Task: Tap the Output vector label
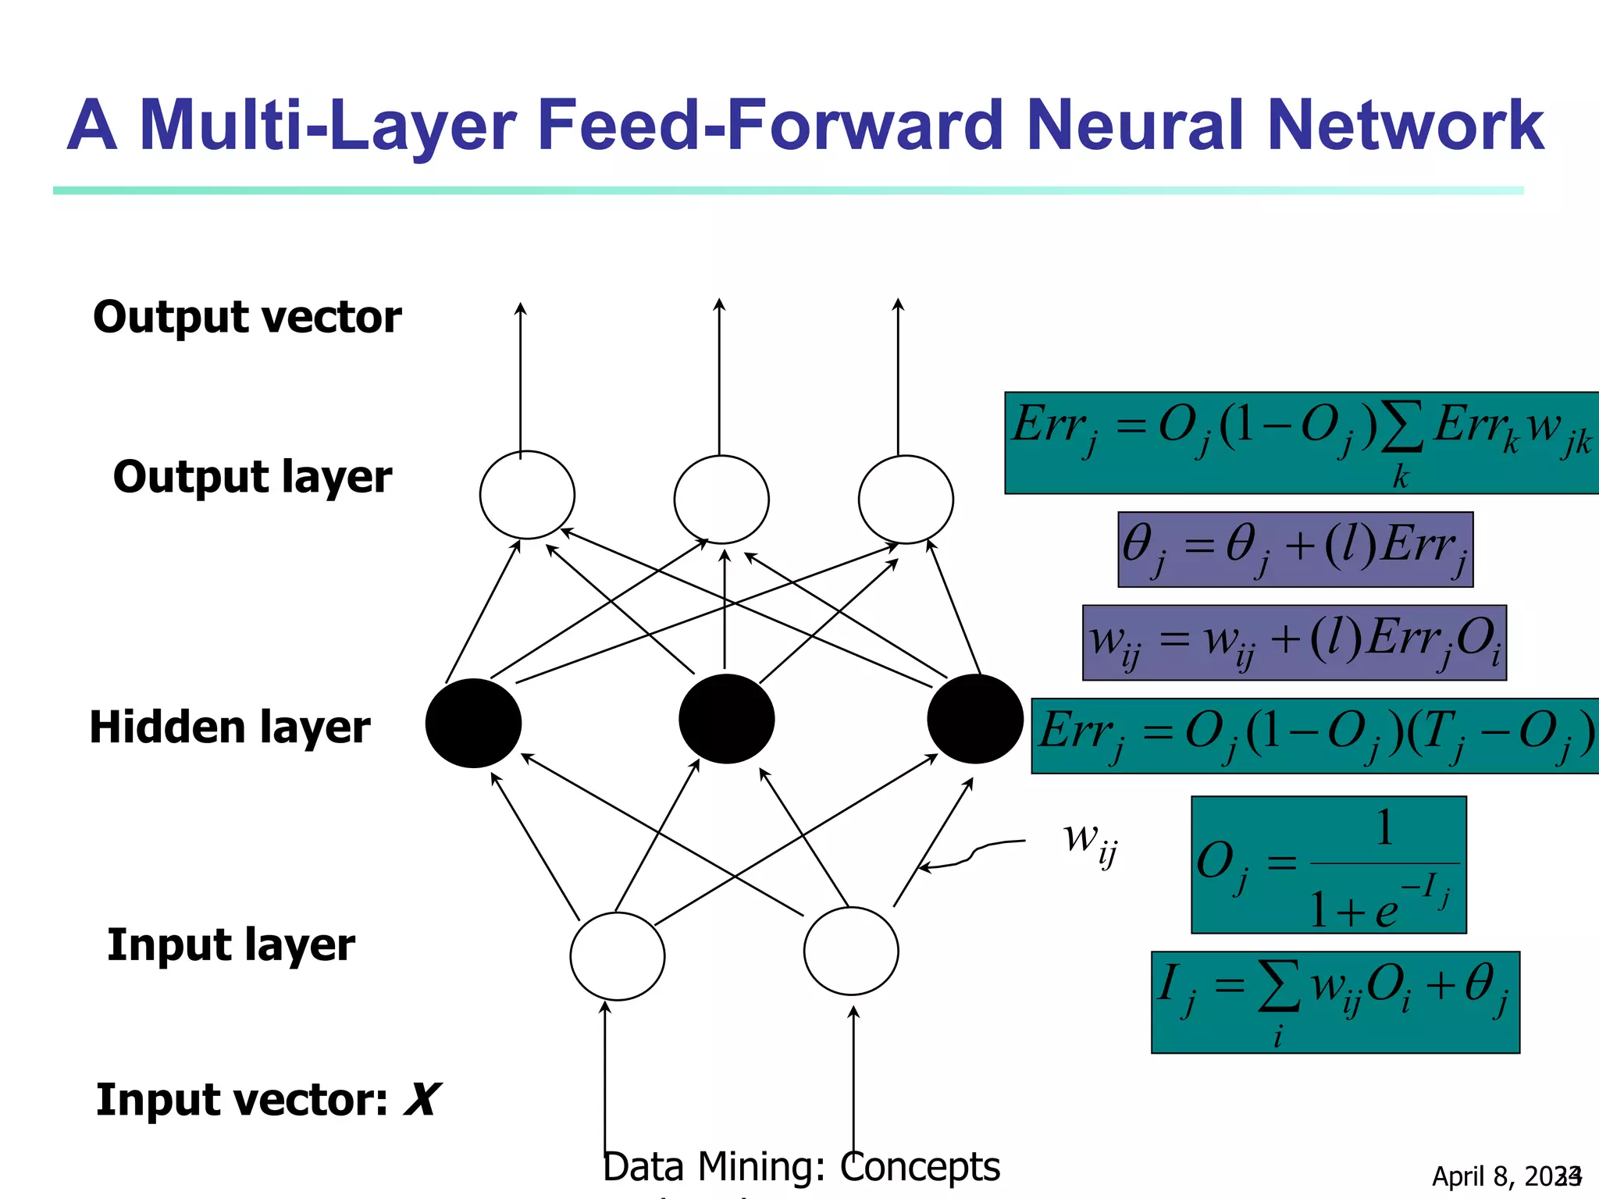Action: pyautogui.click(x=247, y=317)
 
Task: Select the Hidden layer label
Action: pyautogui.click(x=230, y=728)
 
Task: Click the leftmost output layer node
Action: pyautogui.click(x=527, y=495)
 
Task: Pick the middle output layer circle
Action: pyautogui.click(x=721, y=500)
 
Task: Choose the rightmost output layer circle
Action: pyautogui.click(x=906, y=500)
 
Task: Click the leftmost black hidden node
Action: pyautogui.click(x=473, y=723)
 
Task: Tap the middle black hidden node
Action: pyautogui.click(x=727, y=719)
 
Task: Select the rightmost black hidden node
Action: pyautogui.click(x=974, y=719)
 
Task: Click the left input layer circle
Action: pyautogui.click(x=618, y=956)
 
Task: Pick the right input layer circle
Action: pyautogui.click(x=851, y=951)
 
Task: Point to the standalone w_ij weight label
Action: pyautogui.click(x=1090, y=842)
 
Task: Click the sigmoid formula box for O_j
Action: pyautogui.click(x=1328, y=865)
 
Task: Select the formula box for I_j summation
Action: pyautogui.click(x=1335, y=1002)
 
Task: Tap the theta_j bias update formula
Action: pyautogui.click(x=1295, y=550)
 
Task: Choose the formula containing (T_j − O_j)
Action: pyautogui.click(x=1316, y=736)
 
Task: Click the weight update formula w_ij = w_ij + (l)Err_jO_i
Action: pyautogui.click(x=1294, y=642)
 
